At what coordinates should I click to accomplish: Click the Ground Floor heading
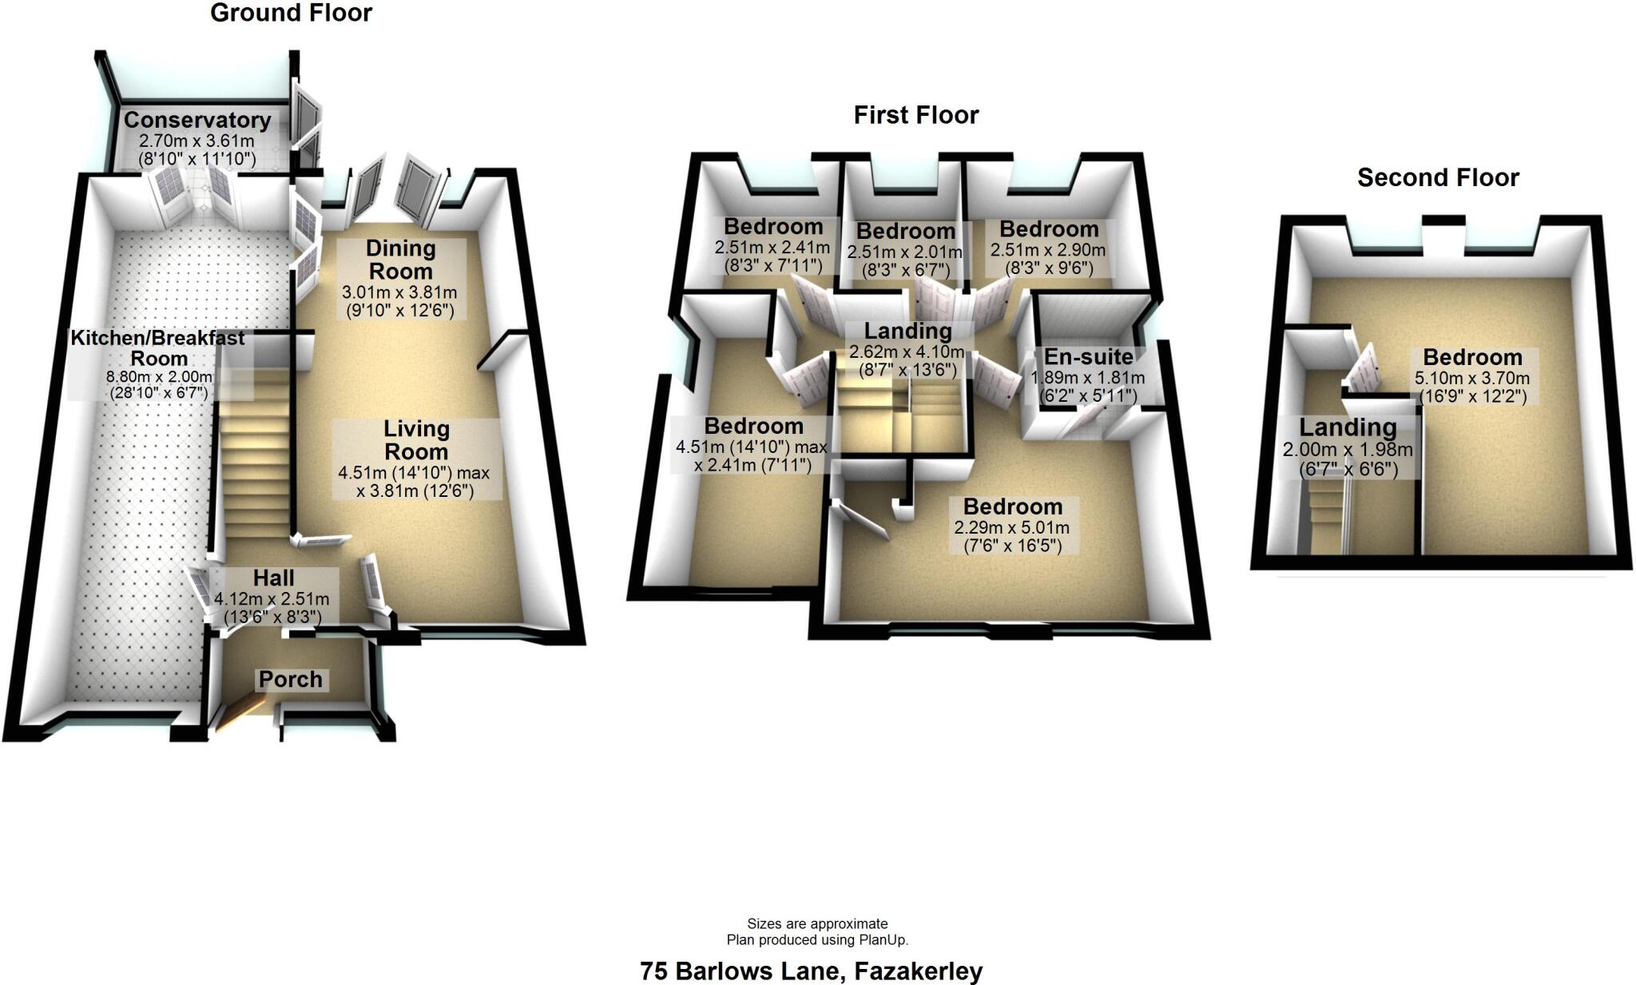coord(291,14)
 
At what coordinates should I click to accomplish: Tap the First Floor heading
coord(915,115)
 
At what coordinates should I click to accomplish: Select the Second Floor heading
coord(1438,177)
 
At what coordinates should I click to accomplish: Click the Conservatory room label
coord(197,121)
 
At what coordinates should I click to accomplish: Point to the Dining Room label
coord(400,260)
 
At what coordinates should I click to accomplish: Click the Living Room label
coord(416,440)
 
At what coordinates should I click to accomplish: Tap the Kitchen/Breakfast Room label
coord(158,348)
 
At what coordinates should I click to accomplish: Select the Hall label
coord(274,578)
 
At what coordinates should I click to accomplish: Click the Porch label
coord(291,680)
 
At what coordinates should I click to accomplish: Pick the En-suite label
coord(1088,357)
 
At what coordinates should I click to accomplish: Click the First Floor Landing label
coord(908,331)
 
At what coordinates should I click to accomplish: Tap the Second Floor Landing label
coord(1348,427)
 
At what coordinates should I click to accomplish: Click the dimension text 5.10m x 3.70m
coord(1472,379)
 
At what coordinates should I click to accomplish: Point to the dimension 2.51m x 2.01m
coord(905,252)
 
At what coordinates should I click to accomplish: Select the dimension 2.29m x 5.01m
coord(1011,528)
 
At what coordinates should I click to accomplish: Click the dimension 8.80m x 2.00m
coord(159,377)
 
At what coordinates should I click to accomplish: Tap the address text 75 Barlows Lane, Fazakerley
coord(811,971)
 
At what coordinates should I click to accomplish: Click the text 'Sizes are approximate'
coord(817,924)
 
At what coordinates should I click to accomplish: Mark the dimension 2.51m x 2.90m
coord(1048,250)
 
